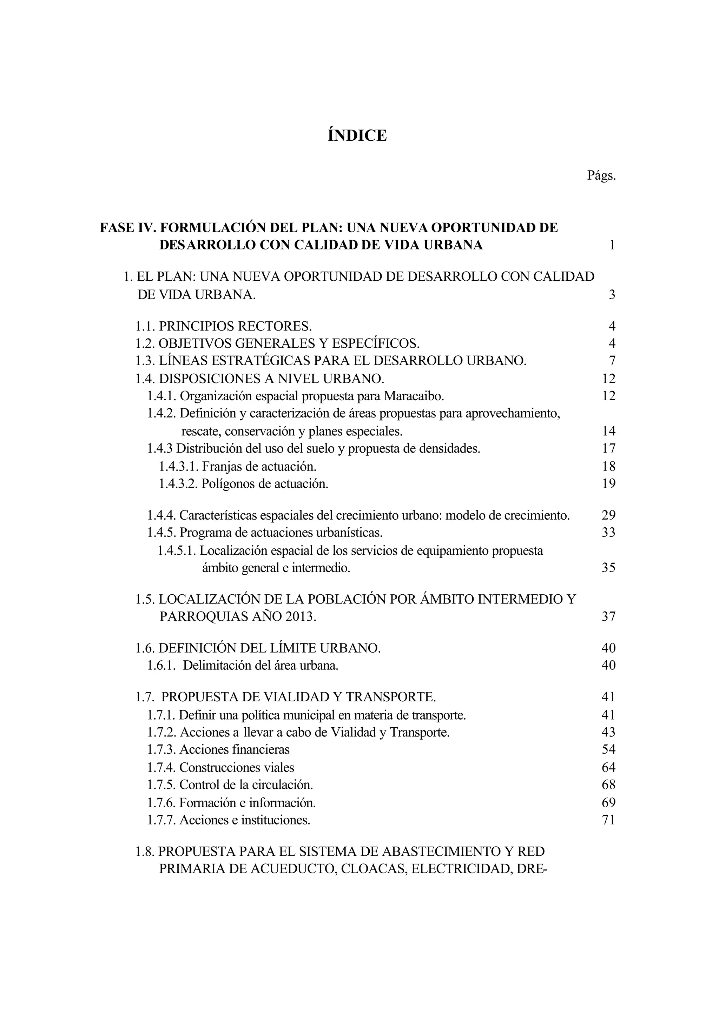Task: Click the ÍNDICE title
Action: (357, 135)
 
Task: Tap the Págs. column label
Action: (601, 176)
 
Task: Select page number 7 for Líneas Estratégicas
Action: (612, 361)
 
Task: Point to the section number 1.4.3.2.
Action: (178, 483)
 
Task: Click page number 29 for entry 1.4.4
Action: (608, 515)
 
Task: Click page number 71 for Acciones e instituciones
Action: (608, 820)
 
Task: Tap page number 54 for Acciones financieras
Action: (608, 749)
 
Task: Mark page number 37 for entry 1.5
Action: (608, 616)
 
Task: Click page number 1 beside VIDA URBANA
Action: (612, 245)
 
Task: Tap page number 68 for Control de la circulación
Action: (608, 784)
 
